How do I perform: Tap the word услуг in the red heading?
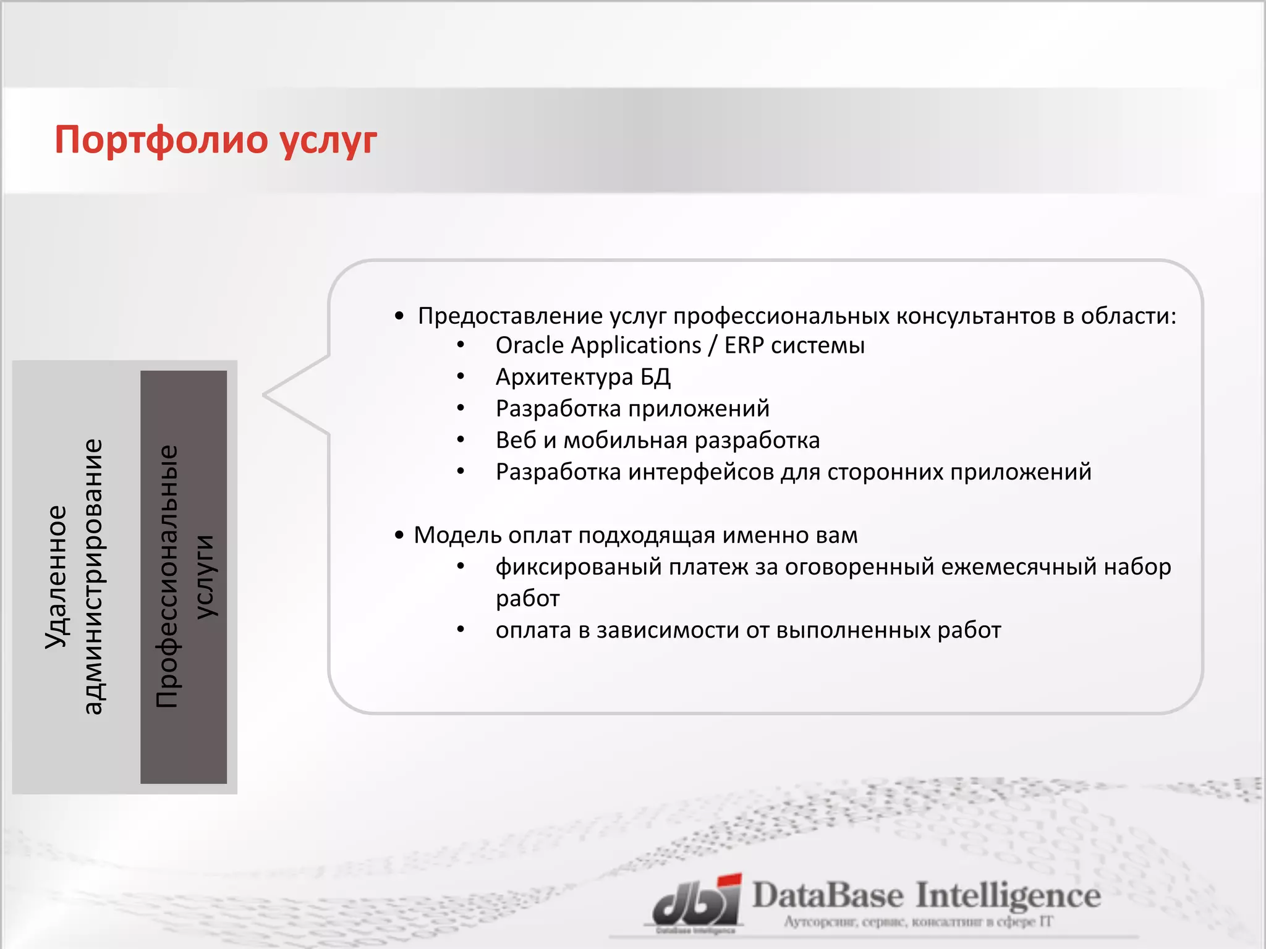tap(328, 141)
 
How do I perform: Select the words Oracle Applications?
tap(598, 345)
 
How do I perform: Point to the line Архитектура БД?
tap(583, 377)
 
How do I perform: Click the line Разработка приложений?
tap(632, 408)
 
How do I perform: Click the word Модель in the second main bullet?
tap(457, 535)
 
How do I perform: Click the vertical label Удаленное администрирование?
tap(74, 577)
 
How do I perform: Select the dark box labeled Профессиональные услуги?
tap(184, 577)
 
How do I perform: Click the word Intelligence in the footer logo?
tap(1008, 896)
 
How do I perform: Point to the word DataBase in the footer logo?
tap(828, 896)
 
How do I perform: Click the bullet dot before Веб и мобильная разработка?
tap(461, 440)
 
